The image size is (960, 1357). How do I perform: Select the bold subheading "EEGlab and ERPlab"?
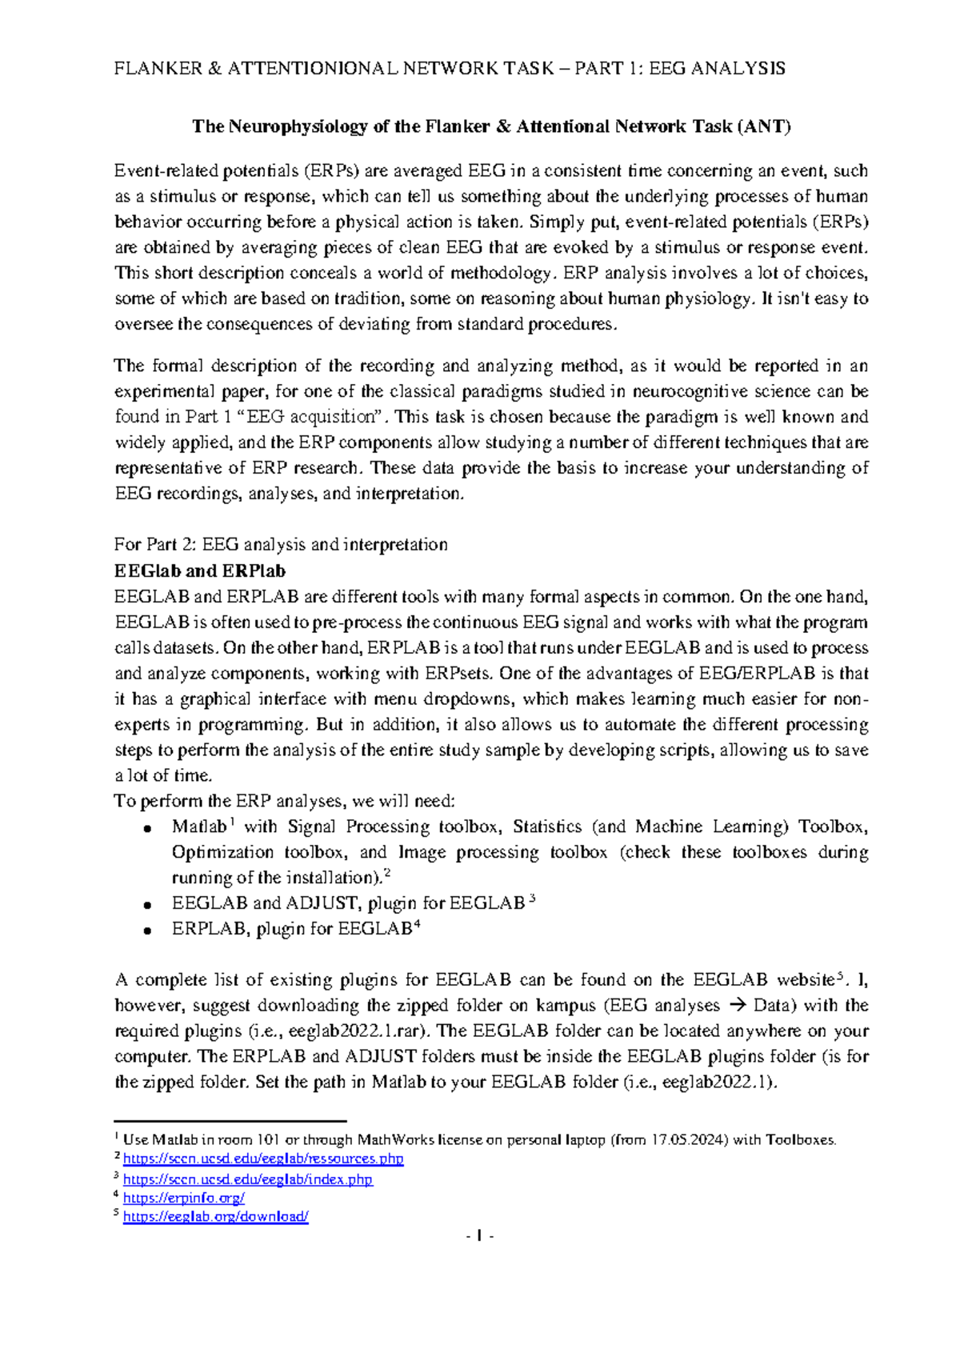pos(200,571)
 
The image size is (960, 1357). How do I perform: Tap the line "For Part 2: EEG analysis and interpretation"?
pos(281,545)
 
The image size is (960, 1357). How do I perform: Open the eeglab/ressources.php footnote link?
pos(263,1159)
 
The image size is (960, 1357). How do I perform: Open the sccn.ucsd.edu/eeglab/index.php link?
pos(248,1179)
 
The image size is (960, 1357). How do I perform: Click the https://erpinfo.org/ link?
pos(184,1198)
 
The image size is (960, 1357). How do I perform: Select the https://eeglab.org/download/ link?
pos(216,1217)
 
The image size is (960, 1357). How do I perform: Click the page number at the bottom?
pos(479,1237)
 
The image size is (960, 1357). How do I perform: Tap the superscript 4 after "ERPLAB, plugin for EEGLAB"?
pos(416,925)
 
